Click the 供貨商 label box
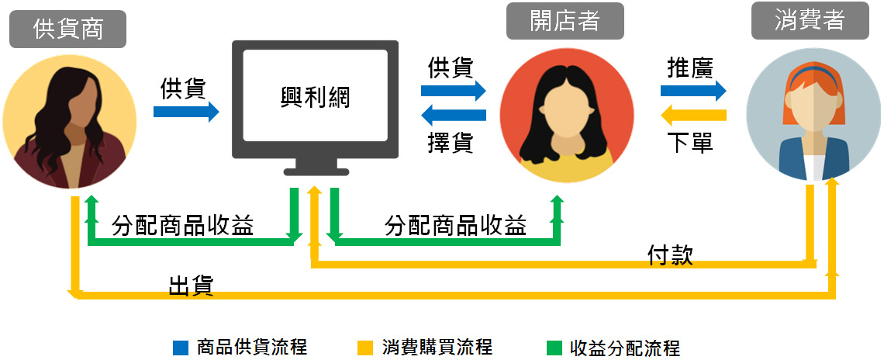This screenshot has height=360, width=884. click(68, 29)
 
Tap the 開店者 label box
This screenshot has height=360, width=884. click(565, 21)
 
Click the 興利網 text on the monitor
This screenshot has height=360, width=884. click(316, 97)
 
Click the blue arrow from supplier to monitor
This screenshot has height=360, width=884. click(186, 112)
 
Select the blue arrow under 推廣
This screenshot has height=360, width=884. click(693, 92)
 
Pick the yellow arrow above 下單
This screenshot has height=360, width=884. click(693, 116)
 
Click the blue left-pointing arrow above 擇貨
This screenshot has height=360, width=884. click(453, 116)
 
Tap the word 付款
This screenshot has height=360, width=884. click(670, 254)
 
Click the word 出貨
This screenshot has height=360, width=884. click(191, 286)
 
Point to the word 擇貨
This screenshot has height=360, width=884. click(451, 142)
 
